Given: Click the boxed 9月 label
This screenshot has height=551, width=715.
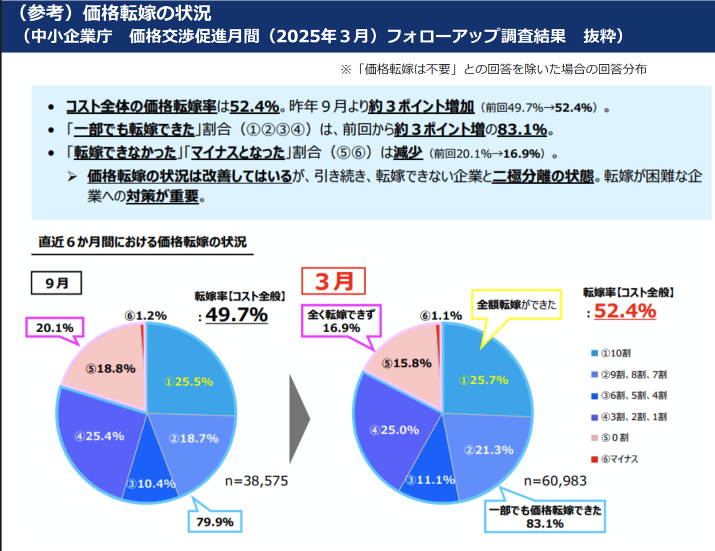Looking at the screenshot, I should (x=56, y=283).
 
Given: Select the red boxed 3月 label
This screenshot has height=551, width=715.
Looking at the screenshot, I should (x=333, y=281).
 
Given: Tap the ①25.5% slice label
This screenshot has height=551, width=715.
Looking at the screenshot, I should (x=189, y=382).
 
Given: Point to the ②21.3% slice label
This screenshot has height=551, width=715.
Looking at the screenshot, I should (x=489, y=450).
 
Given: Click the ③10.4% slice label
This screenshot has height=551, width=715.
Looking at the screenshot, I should (x=151, y=483).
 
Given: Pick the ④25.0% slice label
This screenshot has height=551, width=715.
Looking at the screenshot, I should (x=394, y=430).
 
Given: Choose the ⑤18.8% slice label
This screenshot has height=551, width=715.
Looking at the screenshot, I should (x=111, y=368).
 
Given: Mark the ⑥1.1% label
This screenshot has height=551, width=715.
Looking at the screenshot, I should (x=441, y=316).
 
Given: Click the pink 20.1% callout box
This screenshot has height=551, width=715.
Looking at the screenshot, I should (x=55, y=328).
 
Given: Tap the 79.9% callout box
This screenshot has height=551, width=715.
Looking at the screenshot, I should (x=215, y=522).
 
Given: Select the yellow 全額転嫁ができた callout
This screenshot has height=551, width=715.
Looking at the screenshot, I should (x=516, y=305).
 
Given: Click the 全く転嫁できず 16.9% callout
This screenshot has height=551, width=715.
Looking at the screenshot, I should (x=341, y=321).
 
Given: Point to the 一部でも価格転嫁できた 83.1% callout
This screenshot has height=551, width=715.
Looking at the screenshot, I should (x=545, y=516).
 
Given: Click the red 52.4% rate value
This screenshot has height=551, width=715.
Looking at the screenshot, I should (x=625, y=311).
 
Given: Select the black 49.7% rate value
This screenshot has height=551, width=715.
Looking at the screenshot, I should (x=237, y=315).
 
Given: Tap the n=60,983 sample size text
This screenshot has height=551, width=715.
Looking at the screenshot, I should (x=555, y=481).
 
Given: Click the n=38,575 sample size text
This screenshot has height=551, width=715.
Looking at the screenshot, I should (x=256, y=481).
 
